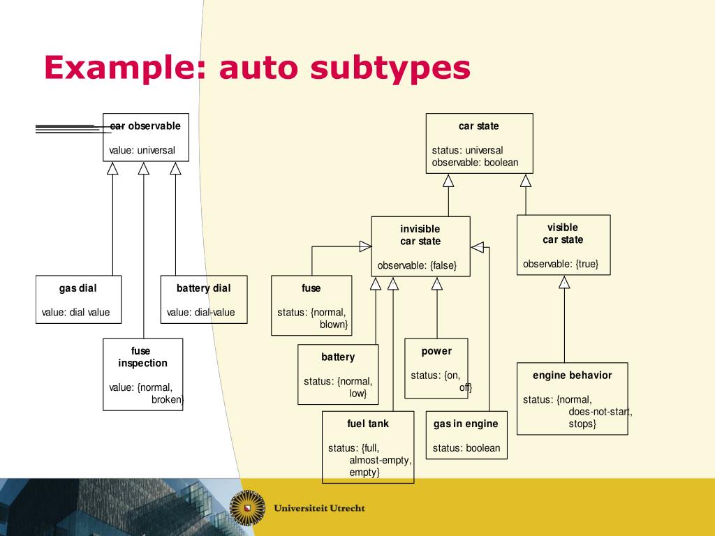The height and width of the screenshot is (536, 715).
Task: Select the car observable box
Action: (145, 137)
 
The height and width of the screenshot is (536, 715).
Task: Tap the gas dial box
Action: (78, 299)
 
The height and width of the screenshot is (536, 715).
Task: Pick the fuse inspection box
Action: (142, 374)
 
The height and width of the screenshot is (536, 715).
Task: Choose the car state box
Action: (479, 143)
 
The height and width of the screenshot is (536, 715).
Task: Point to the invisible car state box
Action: (420, 246)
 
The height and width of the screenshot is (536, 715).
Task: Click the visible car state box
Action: (563, 244)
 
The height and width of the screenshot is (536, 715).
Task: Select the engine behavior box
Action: (572, 398)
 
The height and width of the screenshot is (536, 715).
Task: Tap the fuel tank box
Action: (368, 447)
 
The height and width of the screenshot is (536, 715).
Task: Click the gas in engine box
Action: (466, 435)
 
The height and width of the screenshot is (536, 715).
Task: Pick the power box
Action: (436, 368)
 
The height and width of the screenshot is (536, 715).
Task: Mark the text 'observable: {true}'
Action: (561, 264)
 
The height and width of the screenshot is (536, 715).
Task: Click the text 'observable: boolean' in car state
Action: (475, 163)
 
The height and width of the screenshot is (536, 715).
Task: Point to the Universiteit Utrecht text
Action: (320, 508)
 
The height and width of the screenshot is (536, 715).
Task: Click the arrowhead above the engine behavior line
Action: (564, 282)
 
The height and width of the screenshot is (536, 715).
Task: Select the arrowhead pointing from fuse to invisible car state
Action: (365, 246)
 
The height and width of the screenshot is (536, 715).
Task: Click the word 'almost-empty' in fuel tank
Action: (381, 461)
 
